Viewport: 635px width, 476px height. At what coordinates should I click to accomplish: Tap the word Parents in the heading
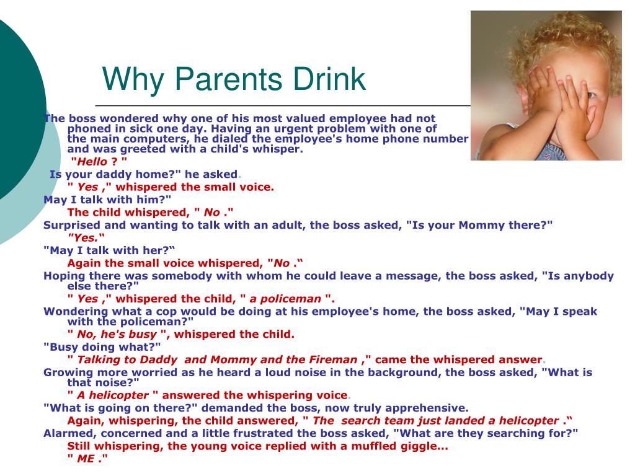tap(228, 79)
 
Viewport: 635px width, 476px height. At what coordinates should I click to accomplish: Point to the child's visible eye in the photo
tap(591, 95)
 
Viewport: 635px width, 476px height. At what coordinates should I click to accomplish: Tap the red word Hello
tap(92, 162)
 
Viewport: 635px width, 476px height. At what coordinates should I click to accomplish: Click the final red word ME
tap(86, 459)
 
